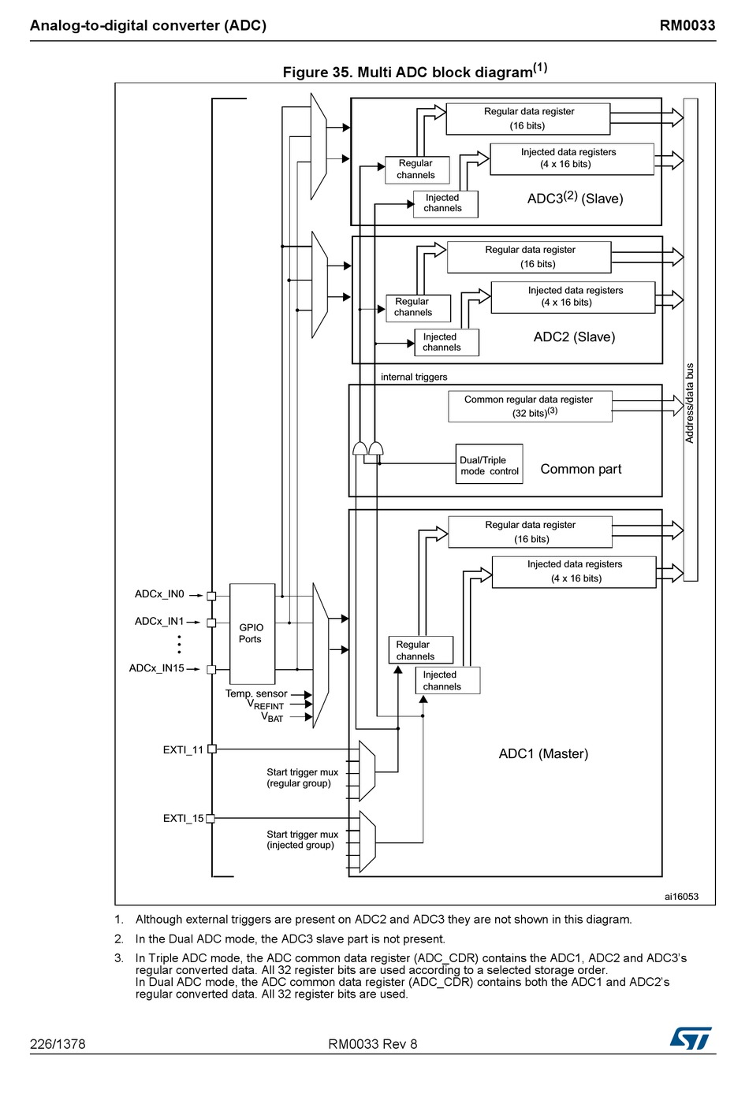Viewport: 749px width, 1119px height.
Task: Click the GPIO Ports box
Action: pyautogui.click(x=252, y=634)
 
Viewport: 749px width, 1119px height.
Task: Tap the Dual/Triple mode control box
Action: pyautogui.click(x=489, y=463)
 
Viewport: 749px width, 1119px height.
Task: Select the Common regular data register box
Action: pyautogui.click(x=530, y=406)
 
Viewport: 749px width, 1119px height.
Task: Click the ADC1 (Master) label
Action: pyautogui.click(x=543, y=753)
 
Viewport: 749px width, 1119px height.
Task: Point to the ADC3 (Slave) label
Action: pyautogui.click(x=575, y=198)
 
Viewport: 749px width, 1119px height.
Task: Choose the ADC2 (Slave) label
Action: pyautogui.click(x=574, y=336)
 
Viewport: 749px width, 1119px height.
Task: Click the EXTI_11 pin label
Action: pyautogui.click(x=184, y=749)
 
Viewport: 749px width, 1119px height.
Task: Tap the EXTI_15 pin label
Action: pyautogui.click(x=184, y=818)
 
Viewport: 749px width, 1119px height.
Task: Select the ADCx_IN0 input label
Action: pyautogui.click(x=159, y=594)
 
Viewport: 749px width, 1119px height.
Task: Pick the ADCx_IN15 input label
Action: pyautogui.click(x=156, y=668)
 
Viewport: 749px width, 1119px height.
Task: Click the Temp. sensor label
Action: pyautogui.click(x=256, y=693)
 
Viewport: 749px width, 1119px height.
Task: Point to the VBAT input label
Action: pyautogui.click(x=272, y=717)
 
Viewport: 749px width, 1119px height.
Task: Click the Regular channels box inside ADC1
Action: pyautogui.click(x=421, y=650)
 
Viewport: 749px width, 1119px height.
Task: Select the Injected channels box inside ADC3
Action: pyautogui.click(x=445, y=204)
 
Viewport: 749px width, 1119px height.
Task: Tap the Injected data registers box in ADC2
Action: pyautogui.click(x=573, y=297)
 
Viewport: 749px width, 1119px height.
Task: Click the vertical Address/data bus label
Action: pyautogui.click(x=690, y=403)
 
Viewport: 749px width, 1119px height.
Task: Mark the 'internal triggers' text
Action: pyautogui.click(x=414, y=377)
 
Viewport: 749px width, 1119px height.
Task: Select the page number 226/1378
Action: pyautogui.click(x=58, y=1044)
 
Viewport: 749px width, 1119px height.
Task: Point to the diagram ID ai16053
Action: pyautogui.click(x=681, y=896)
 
